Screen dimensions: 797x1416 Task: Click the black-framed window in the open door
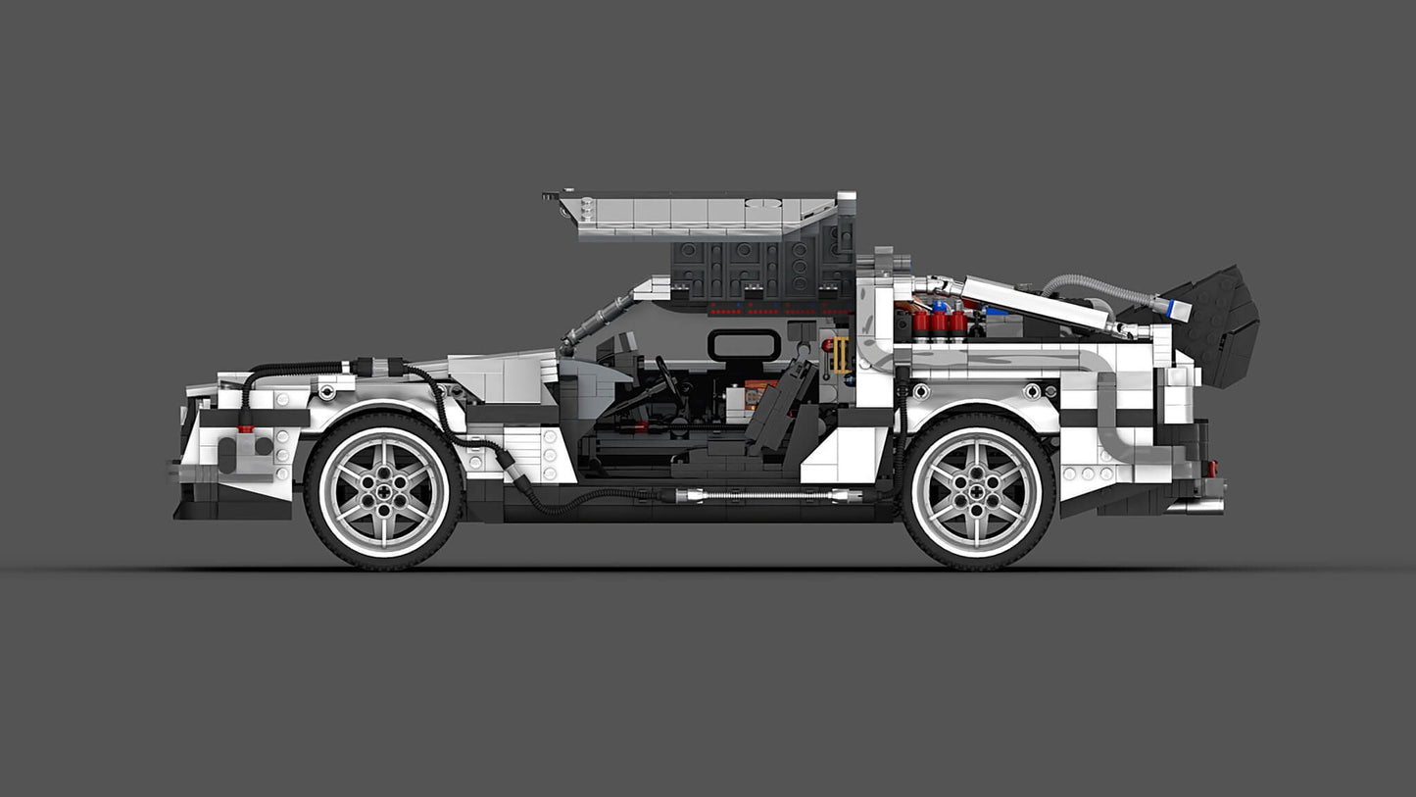744,344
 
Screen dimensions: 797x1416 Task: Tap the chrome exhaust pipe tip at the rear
1197,506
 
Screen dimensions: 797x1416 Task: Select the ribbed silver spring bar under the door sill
760,495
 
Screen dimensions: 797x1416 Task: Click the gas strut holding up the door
595,321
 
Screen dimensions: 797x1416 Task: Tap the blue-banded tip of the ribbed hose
1178,311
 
